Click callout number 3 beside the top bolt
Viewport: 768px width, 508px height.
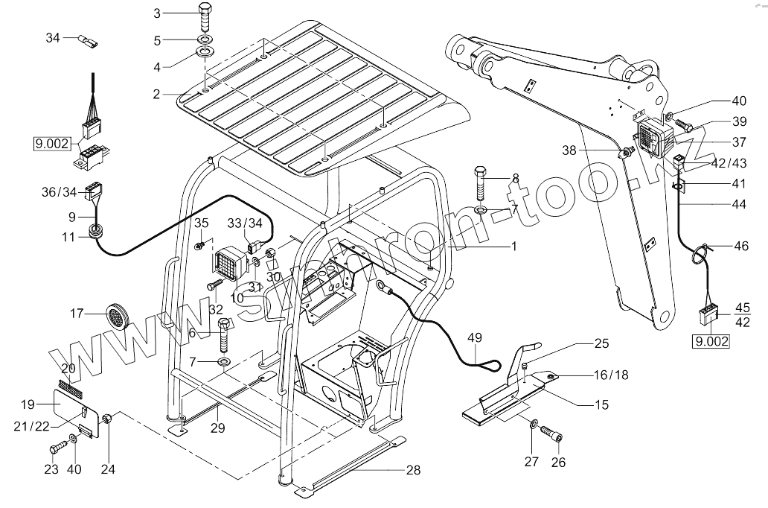pos(157,13)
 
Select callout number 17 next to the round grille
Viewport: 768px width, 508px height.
pos(76,314)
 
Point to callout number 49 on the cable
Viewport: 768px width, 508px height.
pos(475,339)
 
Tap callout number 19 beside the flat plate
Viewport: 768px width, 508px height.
pos(28,404)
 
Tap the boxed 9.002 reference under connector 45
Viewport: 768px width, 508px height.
pos(710,342)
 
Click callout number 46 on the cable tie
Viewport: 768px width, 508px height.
pos(741,245)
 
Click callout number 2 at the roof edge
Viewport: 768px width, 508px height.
pos(157,94)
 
